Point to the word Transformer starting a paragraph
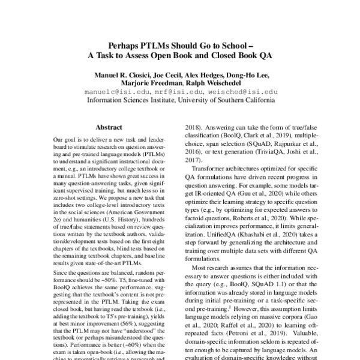(x=201, y=170)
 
